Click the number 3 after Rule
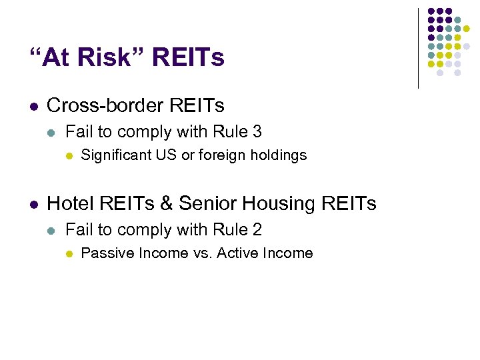(x=257, y=132)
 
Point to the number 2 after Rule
(x=257, y=229)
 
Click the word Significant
(x=116, y=155)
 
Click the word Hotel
(x=68, y=203)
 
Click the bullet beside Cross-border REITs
(x=34, y=106)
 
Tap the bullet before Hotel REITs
(x=34, y=203)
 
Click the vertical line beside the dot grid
(x=419, y=48)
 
